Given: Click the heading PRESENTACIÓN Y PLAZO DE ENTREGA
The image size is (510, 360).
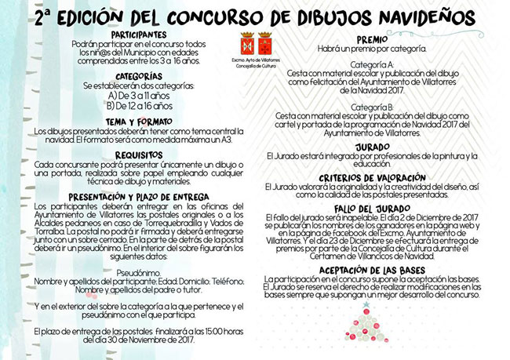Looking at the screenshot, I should (138, 196).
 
